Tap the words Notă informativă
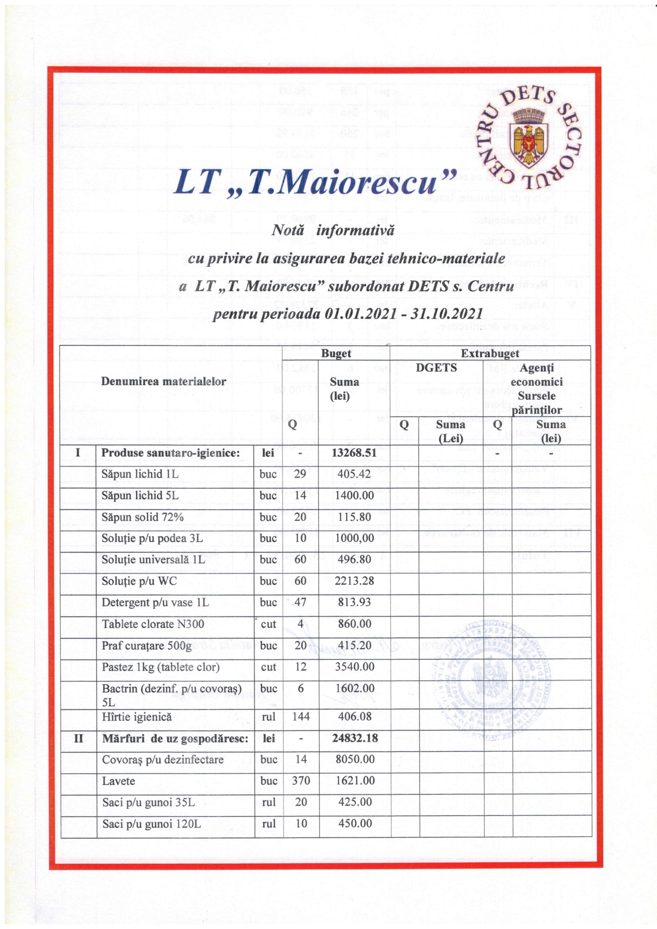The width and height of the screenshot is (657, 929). [332, 230]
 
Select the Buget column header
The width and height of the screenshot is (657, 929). [336, 353]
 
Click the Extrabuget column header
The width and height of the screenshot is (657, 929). [490, 353]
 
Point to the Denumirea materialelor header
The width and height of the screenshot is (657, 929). [163, 381]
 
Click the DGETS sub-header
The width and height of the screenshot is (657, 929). [437, 368]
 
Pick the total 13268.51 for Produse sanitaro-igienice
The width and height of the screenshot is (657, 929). [354, 453]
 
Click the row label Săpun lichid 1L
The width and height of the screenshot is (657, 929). [140, 474]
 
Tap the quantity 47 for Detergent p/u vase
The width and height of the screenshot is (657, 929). [300, 603]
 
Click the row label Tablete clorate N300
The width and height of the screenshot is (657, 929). [153, 624]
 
